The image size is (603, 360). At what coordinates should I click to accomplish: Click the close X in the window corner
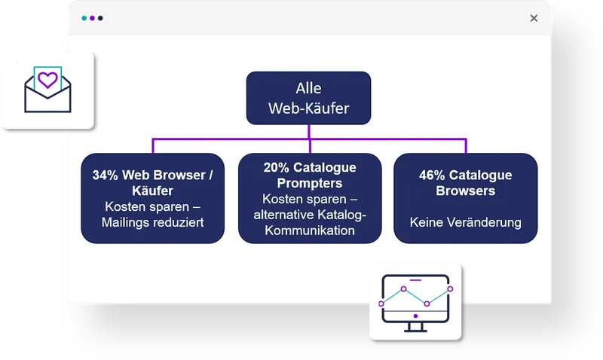(x=534, y=18)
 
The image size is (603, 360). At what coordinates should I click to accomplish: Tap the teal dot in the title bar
(x=84, y=18)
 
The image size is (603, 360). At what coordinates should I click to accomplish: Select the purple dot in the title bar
(x=92, y=18)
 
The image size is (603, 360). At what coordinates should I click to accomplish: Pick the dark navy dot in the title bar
(x=100, y=18)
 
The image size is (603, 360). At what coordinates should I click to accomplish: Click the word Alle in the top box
(x=308, y=88)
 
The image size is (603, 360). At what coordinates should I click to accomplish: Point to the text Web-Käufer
(x=308, y=108)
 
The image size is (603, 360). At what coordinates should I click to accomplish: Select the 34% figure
(x=105, y=175)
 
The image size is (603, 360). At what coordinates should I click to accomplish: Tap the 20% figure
(x=276, y=167)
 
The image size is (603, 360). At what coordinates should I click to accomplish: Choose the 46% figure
(x=432, y=175)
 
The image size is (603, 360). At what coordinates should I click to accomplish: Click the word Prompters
(x=310, y=183)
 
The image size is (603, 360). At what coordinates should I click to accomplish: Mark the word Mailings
(x=125, y=222)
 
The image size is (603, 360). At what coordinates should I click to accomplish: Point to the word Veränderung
(x=484, y=222)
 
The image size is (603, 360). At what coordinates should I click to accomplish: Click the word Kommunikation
(x=310, y=230)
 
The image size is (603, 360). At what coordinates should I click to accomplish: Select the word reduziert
(x=178, y=222)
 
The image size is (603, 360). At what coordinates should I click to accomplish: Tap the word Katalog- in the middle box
(x=337, y=215)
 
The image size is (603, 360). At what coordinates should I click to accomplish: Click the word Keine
(x=426, y=222)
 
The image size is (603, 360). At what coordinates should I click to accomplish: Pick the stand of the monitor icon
(x=415, y=327)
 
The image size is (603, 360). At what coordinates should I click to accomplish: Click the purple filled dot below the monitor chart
(x=415, y=316)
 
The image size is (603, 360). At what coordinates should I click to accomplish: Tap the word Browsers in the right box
(x=465, y=191)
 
